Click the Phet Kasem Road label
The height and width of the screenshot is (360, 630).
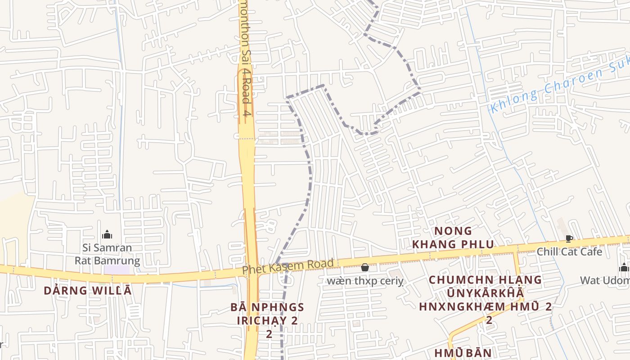coord(288,266)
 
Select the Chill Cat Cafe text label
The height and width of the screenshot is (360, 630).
coord(569,252)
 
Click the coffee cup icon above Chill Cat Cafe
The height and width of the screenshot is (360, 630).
coord(569,238)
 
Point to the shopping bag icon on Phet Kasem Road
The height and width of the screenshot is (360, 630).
coord(364,268)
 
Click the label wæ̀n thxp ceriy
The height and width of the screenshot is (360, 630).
coord(365,282)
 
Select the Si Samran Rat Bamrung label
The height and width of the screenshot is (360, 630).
coord(107,254)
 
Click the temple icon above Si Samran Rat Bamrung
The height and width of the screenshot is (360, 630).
coord(107,234)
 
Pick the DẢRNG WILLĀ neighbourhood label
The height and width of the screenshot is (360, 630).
coord(88,291)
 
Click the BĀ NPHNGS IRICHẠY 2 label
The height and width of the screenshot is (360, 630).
coord(268,314)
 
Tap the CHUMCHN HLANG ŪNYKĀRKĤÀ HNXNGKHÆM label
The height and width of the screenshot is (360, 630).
coord(485,293)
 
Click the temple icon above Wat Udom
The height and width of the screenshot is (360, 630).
coord(624,267)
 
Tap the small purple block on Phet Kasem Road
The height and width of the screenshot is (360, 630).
coord(116,270)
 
